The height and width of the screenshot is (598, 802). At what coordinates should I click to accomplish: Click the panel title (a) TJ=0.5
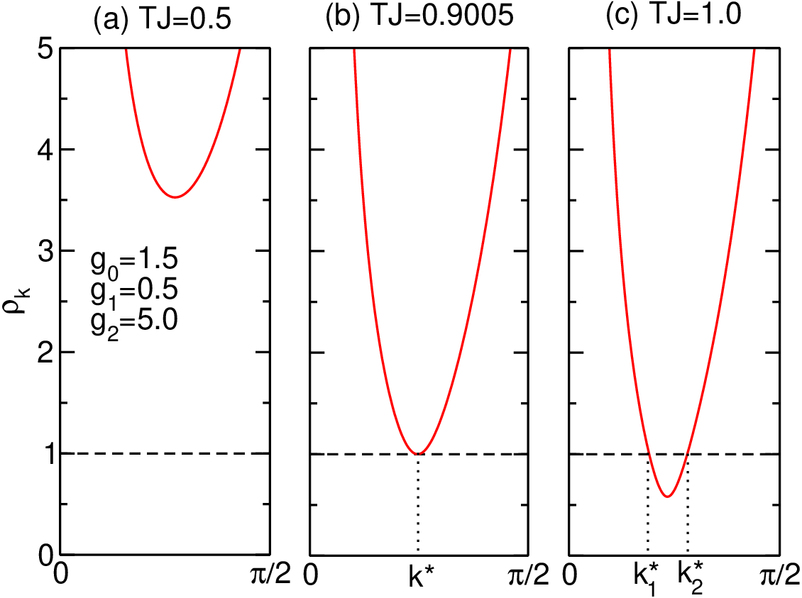162,18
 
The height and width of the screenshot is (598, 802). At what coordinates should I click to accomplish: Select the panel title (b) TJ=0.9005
419,16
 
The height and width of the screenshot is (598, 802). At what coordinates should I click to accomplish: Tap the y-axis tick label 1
46,454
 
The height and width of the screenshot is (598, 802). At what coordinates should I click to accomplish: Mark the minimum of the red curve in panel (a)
175,196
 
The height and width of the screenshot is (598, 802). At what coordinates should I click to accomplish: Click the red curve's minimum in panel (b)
419,453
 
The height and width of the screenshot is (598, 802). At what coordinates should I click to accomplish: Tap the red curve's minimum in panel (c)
667,496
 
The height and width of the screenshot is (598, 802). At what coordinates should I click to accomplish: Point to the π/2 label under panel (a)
270,576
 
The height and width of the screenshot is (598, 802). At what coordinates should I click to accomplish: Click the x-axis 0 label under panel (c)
571,576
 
